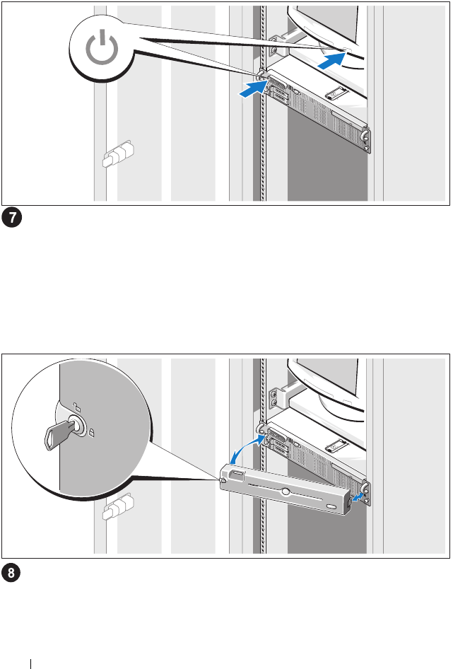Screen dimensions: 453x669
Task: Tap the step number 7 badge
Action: click(11, 218)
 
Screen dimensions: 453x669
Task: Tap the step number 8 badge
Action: click(11, 573)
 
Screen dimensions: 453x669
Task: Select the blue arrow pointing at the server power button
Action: click(254, 89)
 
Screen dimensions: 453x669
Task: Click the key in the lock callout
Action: click(60, 432)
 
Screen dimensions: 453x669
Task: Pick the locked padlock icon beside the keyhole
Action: click(91, 433)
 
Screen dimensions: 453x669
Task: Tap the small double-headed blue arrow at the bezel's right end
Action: click(358, 497)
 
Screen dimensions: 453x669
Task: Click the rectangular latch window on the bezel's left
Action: click(237, 474)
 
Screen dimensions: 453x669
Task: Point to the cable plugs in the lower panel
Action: click(118, 506)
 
